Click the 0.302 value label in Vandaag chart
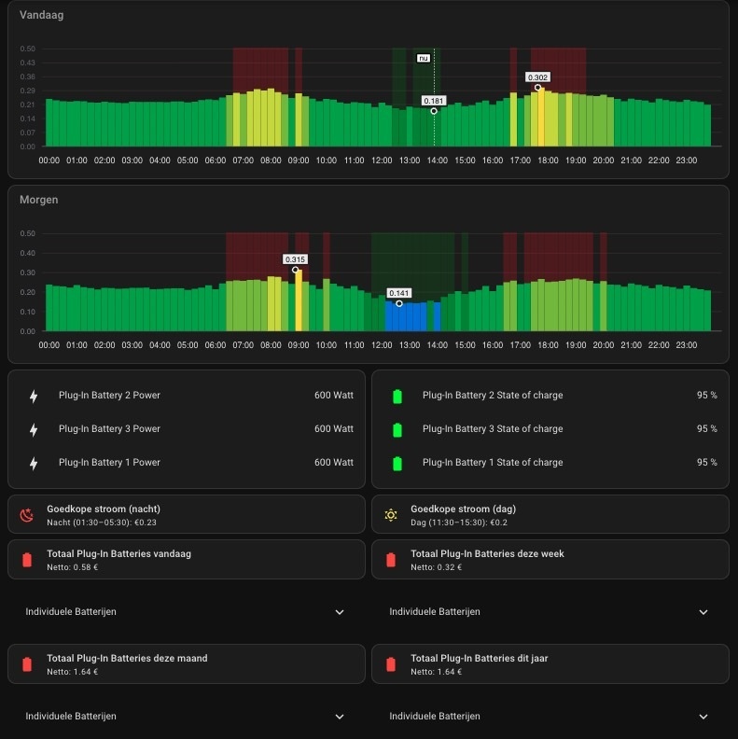537,77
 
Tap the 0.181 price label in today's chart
434,101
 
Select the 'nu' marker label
424,58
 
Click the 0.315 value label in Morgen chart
296,259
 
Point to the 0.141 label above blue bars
399,293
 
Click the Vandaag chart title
42,15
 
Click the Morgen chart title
39,200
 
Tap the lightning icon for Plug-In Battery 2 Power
34,396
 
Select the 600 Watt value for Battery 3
334,429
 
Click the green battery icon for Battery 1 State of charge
397,463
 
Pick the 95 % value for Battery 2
706,396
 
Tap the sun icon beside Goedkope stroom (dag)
391,514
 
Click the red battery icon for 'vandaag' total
27,559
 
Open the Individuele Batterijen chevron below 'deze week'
703,612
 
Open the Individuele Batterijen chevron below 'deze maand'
340,717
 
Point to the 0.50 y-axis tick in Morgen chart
28,234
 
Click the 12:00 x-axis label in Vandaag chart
382,160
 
